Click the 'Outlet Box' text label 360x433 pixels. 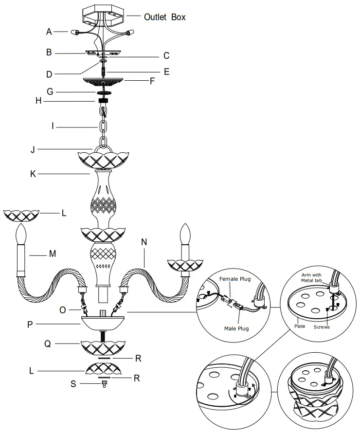coord(164,17)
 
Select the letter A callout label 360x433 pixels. coord(49,32)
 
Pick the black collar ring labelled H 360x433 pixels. coord(103,102)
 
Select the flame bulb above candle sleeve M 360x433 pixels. coord(21,235)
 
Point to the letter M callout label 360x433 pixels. coord(52,253)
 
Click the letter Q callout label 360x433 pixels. coord(47,344)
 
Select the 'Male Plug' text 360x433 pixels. coord(237,328)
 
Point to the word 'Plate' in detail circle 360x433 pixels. coord(300,326)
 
